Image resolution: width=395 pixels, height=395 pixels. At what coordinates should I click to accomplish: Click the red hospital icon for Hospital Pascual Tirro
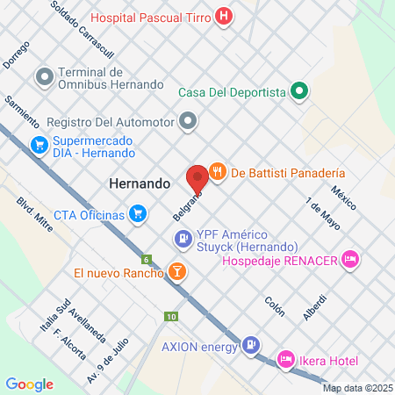coord(226,15)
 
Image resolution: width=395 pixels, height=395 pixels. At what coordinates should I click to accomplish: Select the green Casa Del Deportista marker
coord(299,90)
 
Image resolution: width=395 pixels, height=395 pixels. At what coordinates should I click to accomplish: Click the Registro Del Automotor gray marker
coord(187,121)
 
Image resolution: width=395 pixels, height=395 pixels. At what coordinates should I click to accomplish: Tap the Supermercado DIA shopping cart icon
coord(39,145)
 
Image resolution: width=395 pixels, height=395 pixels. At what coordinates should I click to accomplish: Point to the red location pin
coord(197,176)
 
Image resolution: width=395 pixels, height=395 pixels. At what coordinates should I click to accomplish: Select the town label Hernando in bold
coord(139,184)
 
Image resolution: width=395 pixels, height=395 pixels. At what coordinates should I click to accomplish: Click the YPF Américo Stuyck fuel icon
coord(183,236)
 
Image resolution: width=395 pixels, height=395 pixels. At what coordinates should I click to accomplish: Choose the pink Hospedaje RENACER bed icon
coord(350,258)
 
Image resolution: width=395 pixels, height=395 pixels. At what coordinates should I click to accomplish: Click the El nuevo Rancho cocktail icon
coord(177,272)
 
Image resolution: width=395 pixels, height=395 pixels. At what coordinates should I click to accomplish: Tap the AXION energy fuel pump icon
coord(252,345)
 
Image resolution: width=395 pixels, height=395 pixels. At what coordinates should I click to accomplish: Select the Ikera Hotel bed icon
coord(285,358)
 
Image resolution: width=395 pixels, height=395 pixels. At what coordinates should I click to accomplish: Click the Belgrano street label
coord(185,206)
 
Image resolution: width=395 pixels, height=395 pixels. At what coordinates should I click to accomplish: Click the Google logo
coord(30,384)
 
